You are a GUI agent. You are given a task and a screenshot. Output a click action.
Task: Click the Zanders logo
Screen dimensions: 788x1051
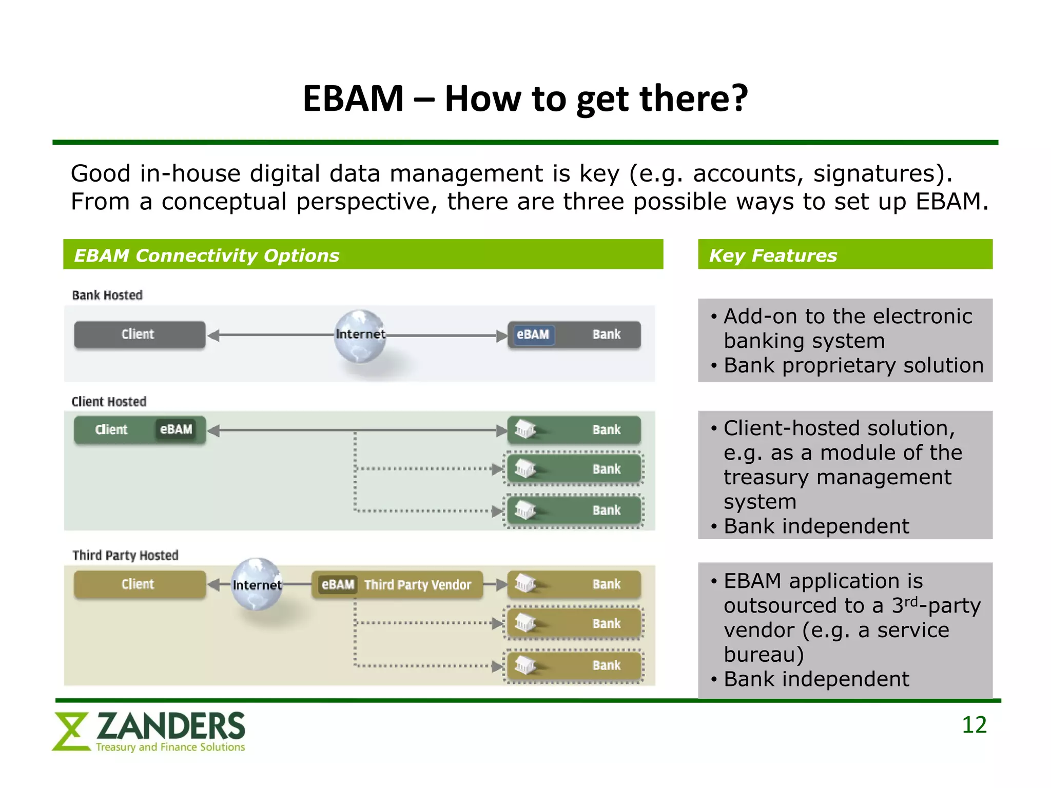149,732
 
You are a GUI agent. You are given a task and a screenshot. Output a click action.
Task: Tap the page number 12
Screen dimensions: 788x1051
974,725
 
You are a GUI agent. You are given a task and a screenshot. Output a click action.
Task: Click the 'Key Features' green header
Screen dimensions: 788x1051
844,255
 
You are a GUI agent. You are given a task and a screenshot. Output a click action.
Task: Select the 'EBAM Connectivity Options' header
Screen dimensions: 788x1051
362,255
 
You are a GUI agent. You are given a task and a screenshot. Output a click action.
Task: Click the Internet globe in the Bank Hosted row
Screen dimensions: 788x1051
360,336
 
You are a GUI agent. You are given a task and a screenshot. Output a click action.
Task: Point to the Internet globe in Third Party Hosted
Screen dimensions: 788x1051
257,584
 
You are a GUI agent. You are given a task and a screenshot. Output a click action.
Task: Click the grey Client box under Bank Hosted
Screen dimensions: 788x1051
139,334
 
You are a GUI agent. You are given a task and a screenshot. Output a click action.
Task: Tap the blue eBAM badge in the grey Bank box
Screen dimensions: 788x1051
533,334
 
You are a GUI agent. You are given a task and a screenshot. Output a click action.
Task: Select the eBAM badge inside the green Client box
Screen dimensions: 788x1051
176,429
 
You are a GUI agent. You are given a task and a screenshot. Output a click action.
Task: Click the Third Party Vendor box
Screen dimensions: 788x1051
397,584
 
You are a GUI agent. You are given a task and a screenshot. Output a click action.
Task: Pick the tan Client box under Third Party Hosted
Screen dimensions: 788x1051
139,584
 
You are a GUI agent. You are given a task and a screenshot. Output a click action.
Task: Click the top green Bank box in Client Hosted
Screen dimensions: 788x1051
574,429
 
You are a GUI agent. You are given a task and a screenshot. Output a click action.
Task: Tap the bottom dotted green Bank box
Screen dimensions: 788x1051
574,510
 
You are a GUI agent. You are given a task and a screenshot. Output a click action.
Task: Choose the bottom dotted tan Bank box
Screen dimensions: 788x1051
574,665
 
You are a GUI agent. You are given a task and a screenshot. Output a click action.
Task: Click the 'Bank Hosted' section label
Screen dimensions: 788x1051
107,295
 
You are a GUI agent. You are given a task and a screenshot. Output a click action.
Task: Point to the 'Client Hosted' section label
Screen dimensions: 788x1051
109,402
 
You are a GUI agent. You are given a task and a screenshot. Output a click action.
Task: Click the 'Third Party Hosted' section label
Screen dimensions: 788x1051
125,555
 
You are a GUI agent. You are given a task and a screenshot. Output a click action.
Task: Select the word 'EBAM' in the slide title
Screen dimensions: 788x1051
353,98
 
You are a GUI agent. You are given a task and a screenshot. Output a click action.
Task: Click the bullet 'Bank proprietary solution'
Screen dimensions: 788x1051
853,366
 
